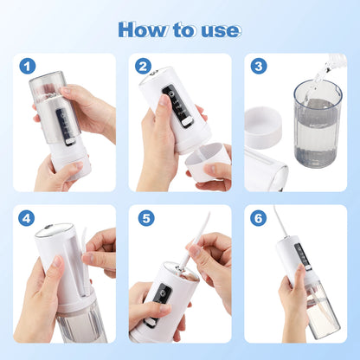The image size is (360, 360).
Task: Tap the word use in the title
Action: pos(218,30)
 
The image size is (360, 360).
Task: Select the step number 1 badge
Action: pos(29,66)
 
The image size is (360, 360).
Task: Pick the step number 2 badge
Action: pos(144,66)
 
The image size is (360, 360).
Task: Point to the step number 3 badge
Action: pos(258,66)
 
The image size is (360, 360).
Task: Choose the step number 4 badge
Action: pos(29,217)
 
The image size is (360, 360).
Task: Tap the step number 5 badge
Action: pos(145,217)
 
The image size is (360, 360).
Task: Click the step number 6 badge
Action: pos(258,217)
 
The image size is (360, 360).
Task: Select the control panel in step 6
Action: pos(302,257)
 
